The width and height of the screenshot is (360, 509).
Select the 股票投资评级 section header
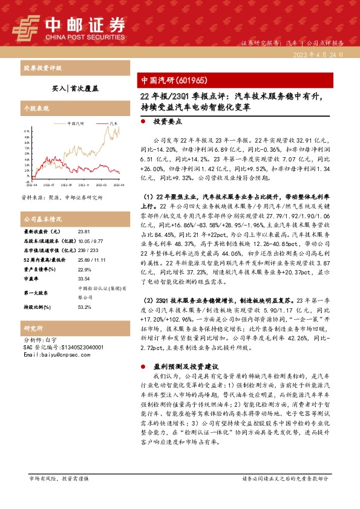pyautogui.click(x=42, y=67)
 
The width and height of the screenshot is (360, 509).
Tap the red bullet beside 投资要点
pyautogui.click(x=143, y=122)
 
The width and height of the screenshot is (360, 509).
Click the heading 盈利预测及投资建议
pyautogui.click(x=185, y=367)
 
